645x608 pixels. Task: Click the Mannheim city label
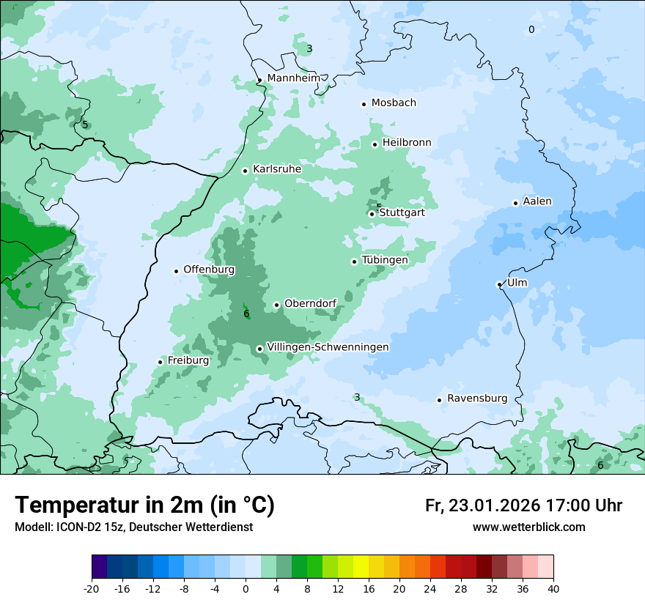coord(293,78)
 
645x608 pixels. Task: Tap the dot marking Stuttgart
coord(372,214)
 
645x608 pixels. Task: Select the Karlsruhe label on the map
coord(276,169)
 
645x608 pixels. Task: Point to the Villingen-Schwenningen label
coord(328,347)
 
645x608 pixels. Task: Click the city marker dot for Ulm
coord(499,284)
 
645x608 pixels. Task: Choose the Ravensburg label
coord(476,398)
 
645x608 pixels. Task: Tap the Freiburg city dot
coord(160,362)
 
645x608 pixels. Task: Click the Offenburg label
coord(208,270)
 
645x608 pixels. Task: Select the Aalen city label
coord(537,201)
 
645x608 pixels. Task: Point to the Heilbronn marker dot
coord(375,144)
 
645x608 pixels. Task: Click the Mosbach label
coord(393,103)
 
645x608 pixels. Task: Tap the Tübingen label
coord(384,260)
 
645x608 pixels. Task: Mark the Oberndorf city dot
coord(276,305)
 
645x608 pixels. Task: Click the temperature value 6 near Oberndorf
coord(246,314)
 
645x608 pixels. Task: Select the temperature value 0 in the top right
coord(531,29)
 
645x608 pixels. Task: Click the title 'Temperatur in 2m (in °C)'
coord(144,505)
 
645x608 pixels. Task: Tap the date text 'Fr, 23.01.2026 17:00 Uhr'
coord(523,505)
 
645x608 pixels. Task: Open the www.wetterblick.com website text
coord(528,527)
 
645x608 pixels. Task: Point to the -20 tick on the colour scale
coord(92,589)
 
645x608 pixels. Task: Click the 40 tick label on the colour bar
coord(553,589)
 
